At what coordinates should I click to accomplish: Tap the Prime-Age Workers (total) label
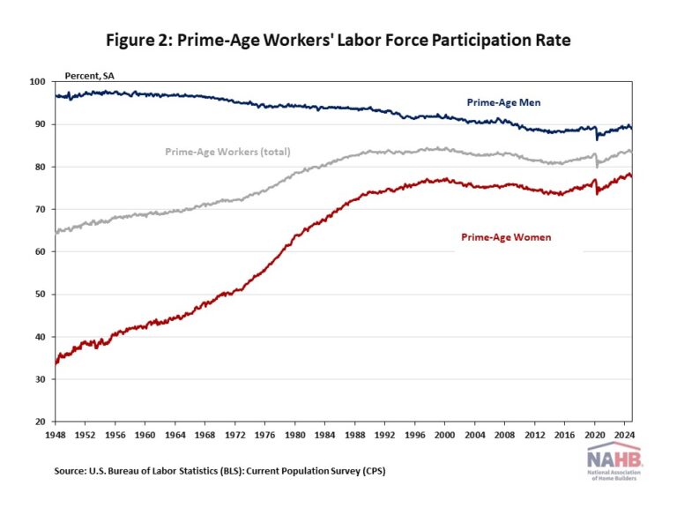[x=227, y=152]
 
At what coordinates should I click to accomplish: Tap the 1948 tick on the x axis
[x=56, y=434]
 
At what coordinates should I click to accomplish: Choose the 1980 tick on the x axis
[x=295, y=434]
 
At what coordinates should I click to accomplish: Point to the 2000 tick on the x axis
[x=445, y=434]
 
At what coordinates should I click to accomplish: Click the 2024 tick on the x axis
[x=624, y=434]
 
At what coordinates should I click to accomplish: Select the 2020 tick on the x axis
[x=595, y=434]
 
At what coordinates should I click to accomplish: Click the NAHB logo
[x=616, y=463]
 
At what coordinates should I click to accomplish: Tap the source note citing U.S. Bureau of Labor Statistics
[x=219, y=472]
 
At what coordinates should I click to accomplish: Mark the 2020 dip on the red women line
[x=598, y=192]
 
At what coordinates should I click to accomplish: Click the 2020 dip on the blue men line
[x=598, y=138]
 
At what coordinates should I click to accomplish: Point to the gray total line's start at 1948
[x=56, y=233]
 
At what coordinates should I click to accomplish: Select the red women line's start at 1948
[x=56, y=362]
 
